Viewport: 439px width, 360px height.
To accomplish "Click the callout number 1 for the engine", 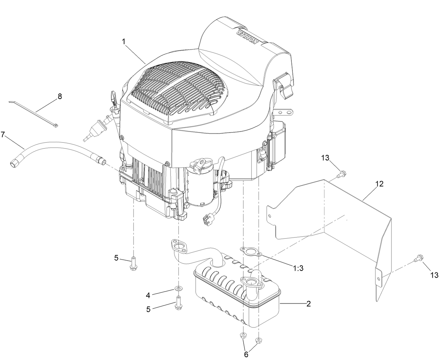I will [124, 42].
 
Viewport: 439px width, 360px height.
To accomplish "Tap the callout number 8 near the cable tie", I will [60, 97].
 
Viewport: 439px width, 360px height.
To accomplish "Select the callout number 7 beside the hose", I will [3, 135].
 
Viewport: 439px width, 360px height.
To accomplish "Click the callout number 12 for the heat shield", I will [380, 184].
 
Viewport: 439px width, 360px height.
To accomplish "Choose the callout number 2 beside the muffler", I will [308, 303].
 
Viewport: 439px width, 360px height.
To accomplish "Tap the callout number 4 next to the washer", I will [148, 295].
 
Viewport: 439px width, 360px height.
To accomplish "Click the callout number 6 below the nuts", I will [246, 354].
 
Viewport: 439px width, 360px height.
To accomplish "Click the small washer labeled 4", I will [179, 288].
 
